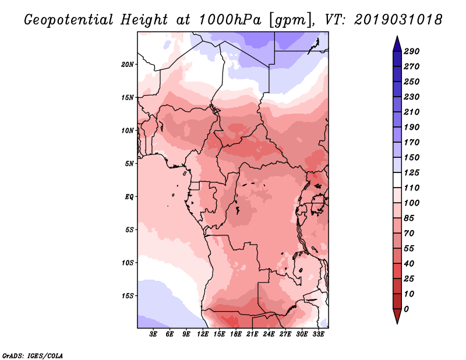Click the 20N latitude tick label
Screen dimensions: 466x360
tap(128, 65)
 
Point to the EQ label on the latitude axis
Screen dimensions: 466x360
tap(129, 197)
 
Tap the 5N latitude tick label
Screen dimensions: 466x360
tap(129, 164)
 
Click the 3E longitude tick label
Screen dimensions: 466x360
tap(153, 334)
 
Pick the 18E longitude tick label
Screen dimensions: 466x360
tap(236, 334)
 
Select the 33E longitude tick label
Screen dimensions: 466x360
tap(318, 334)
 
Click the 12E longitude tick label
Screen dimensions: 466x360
tap(203, 334)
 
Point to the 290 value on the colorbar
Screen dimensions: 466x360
tap(412, 51)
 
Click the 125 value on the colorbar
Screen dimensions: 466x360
tap(412, 172)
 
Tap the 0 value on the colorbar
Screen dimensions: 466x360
tap(406, 309)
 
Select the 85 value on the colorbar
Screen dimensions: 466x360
tap(409, 218)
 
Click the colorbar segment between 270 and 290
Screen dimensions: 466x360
tap(397, 59)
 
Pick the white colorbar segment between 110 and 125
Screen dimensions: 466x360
tap(397, 180)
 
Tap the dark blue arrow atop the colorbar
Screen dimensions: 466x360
tap(397, 44)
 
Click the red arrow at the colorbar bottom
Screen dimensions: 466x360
tap(397, 316)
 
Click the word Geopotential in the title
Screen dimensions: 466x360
tap(69, 20)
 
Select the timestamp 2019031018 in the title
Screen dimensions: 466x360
tap(398, 19)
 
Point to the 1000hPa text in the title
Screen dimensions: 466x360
tap(230, 19)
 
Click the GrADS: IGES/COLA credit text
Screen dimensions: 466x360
tap(33, 356)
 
